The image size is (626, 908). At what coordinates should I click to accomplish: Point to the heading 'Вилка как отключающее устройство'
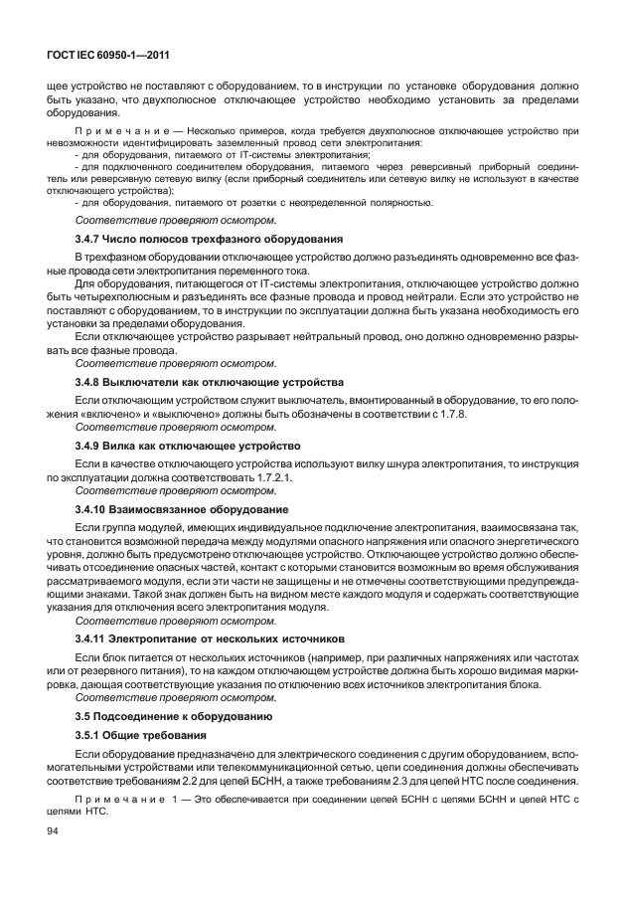212,445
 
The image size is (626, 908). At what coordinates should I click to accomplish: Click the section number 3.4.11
95,636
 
